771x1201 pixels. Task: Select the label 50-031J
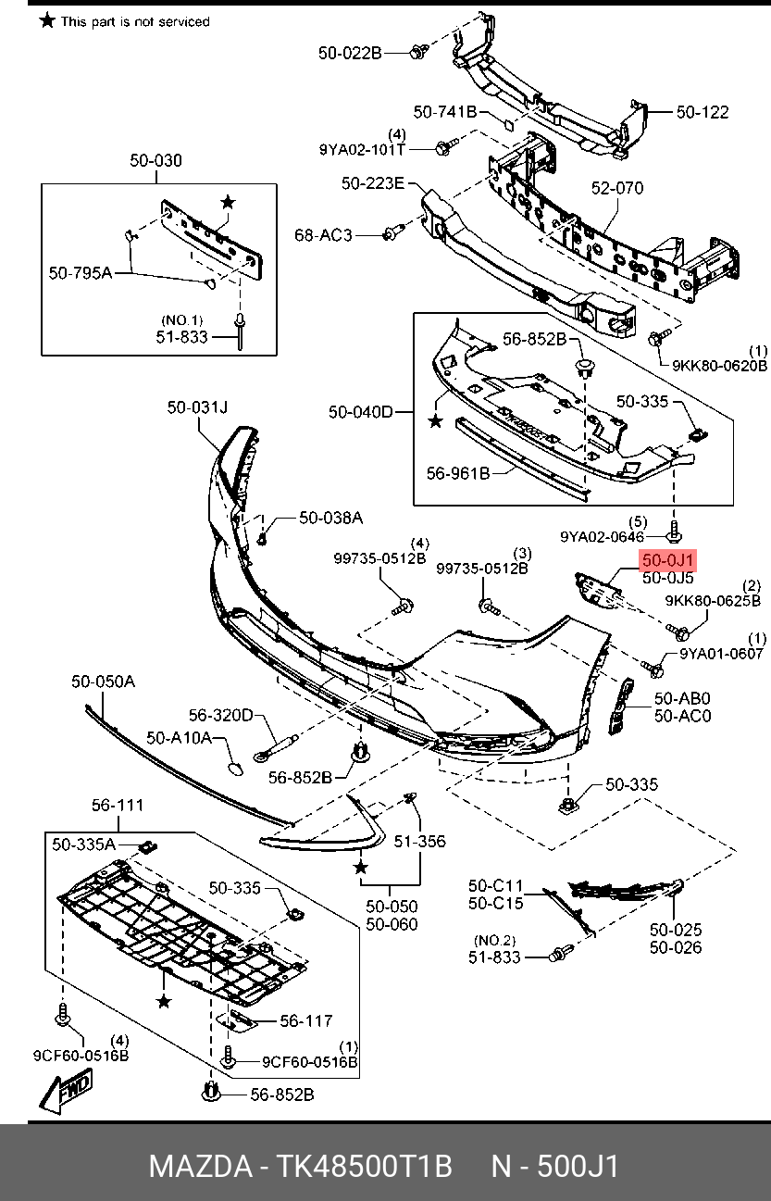197,407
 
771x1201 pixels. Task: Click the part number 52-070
617,188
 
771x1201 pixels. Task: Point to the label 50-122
702,112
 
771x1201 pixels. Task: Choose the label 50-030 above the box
155,160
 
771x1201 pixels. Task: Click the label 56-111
117,805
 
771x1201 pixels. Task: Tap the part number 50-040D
361,411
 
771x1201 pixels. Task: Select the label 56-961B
458,472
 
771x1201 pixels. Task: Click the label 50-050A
103,682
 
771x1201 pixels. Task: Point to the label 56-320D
220,715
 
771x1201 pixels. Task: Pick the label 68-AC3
323,235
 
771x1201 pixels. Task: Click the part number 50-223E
372,183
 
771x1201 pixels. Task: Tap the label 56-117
305,1020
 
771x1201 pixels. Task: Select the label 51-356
419,841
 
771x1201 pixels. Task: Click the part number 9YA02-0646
601,535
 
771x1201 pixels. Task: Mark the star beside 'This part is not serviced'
47,20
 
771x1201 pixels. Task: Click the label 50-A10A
180,738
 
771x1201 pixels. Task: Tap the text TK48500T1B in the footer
367,1165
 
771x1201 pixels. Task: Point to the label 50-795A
80,272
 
